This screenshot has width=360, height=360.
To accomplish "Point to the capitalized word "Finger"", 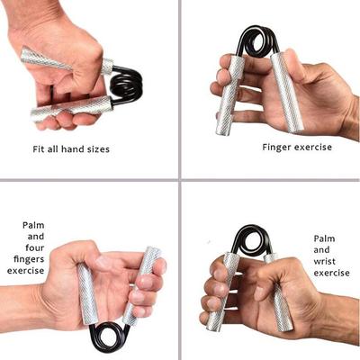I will [x=277, y=146].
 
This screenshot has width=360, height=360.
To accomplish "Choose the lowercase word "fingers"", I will [x=34, y=265].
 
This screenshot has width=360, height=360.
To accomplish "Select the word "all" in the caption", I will [x=59, y=148].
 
